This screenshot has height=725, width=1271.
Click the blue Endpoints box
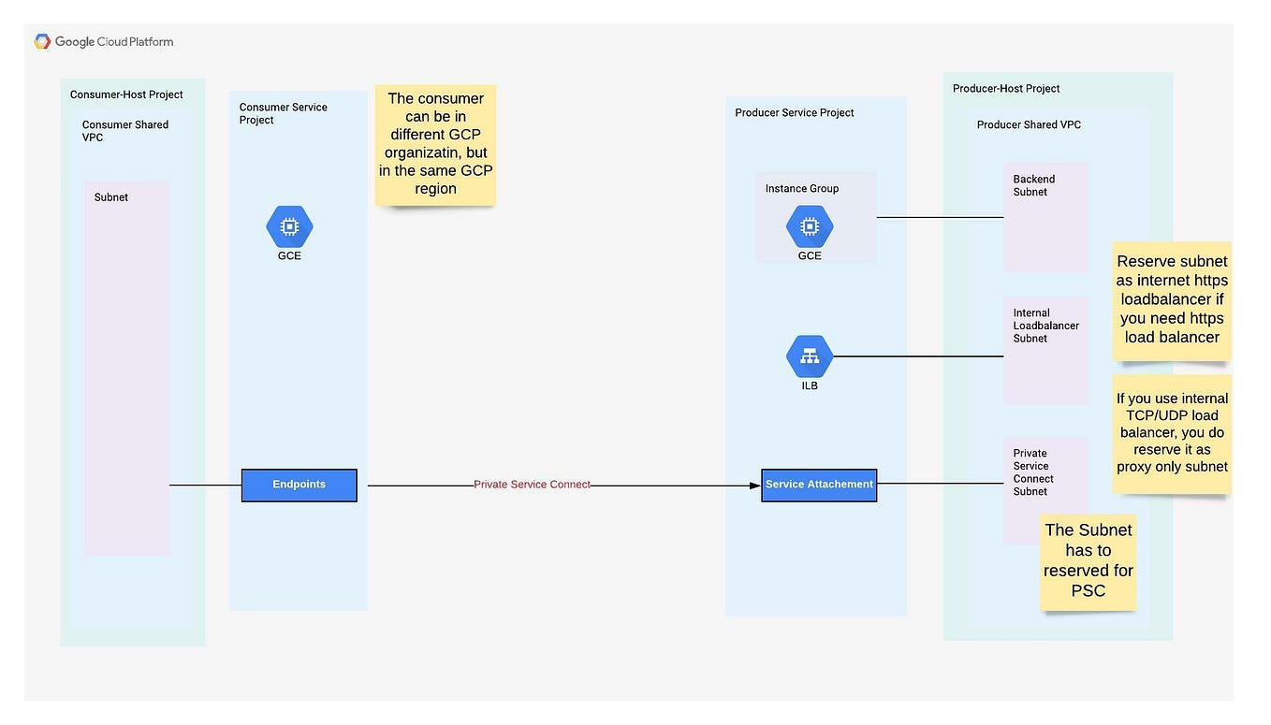point(299,485)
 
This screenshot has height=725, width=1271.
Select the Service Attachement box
point(819,485)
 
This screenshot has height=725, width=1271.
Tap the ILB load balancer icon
point(810,356)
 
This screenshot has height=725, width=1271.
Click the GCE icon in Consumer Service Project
point(289,226)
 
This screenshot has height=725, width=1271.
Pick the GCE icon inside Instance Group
point(810,226)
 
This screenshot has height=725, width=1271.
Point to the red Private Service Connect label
point(532,485)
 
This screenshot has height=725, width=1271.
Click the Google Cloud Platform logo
point(104,41)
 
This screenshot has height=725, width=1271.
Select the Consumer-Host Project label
point(126,94)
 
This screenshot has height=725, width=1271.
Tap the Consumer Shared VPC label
point(124,131)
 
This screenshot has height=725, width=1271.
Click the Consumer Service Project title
point(283,113)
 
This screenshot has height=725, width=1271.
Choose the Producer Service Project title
point(794,112)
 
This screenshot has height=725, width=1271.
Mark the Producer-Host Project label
point(1006,89)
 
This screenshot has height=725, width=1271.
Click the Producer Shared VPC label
point(1029,124)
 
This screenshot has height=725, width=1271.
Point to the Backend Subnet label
point(1033,185)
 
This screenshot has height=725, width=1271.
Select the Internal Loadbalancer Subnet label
point(1045,326)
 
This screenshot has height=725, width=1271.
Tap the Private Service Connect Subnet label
point(1033,471)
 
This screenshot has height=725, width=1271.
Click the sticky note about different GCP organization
point(435,144)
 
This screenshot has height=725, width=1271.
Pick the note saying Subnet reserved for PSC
point(1088,560)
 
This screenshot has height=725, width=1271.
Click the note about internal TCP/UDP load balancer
point(1172,432)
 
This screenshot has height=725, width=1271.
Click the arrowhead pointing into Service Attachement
point(754,486)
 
